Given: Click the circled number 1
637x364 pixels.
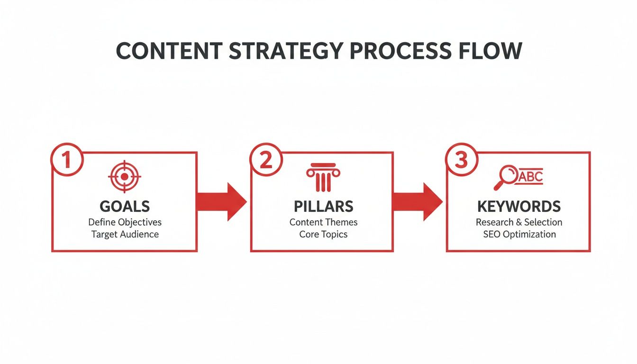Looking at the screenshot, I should (66, 160).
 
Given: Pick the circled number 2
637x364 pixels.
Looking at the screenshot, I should (266, 160).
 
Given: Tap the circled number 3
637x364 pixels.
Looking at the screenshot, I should (461, 160).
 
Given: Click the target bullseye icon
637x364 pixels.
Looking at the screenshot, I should (124, 177).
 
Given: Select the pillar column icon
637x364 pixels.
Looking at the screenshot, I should (323, 177).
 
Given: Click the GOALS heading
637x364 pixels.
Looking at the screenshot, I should (125, 206).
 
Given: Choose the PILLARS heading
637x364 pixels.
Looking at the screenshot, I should (323, 206).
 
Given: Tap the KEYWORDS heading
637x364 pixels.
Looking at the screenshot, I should (519, 206).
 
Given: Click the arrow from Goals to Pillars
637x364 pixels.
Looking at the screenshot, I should (221, 201).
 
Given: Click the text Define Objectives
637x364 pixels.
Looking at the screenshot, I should (125, 222).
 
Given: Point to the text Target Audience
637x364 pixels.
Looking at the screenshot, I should (125, 234).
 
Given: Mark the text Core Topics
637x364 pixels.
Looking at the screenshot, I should (323, 234).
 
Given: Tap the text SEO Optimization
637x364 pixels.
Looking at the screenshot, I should (519, 234).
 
